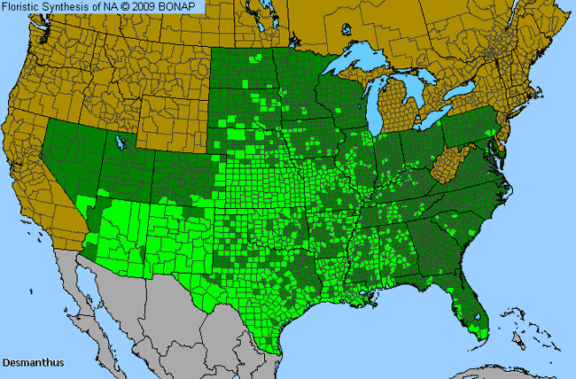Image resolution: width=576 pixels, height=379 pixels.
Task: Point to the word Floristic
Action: point(24,7)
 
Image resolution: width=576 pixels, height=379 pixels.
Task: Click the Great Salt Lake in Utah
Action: point(118,140)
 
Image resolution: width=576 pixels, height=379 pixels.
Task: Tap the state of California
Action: point(35,177)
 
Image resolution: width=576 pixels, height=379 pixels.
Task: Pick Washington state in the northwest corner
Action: point(58,40)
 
